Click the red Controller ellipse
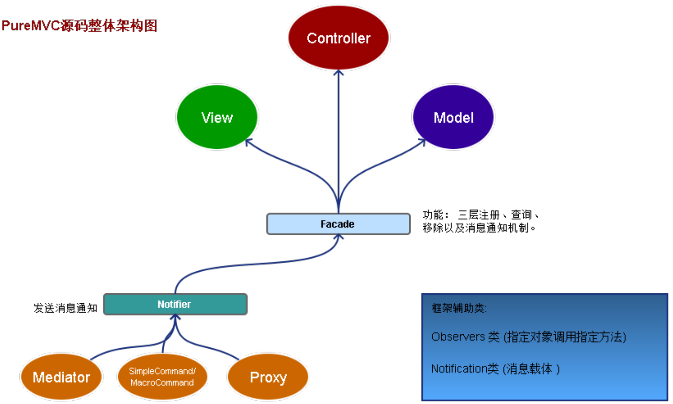pos(338,38)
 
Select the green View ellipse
pos(217,117)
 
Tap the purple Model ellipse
pos(453,117)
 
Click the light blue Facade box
pos(338,224)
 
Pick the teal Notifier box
pos(175,304)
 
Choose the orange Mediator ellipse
pos(61,377)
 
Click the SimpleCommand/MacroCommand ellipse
pos(162,377)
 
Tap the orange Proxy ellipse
pos(268,377)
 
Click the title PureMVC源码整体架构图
pos(79,26)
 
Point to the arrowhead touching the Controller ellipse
pos(338,73)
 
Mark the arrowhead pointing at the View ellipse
pos(249,142)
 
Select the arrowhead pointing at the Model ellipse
pos(422,141)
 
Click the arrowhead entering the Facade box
pos(339,237)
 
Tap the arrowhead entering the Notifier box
pos(175,317)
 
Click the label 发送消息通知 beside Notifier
pos(65,308)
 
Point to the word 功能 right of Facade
pos(433,215)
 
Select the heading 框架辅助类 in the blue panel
pos(459,308)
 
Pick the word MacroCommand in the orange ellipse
pos(162,383)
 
